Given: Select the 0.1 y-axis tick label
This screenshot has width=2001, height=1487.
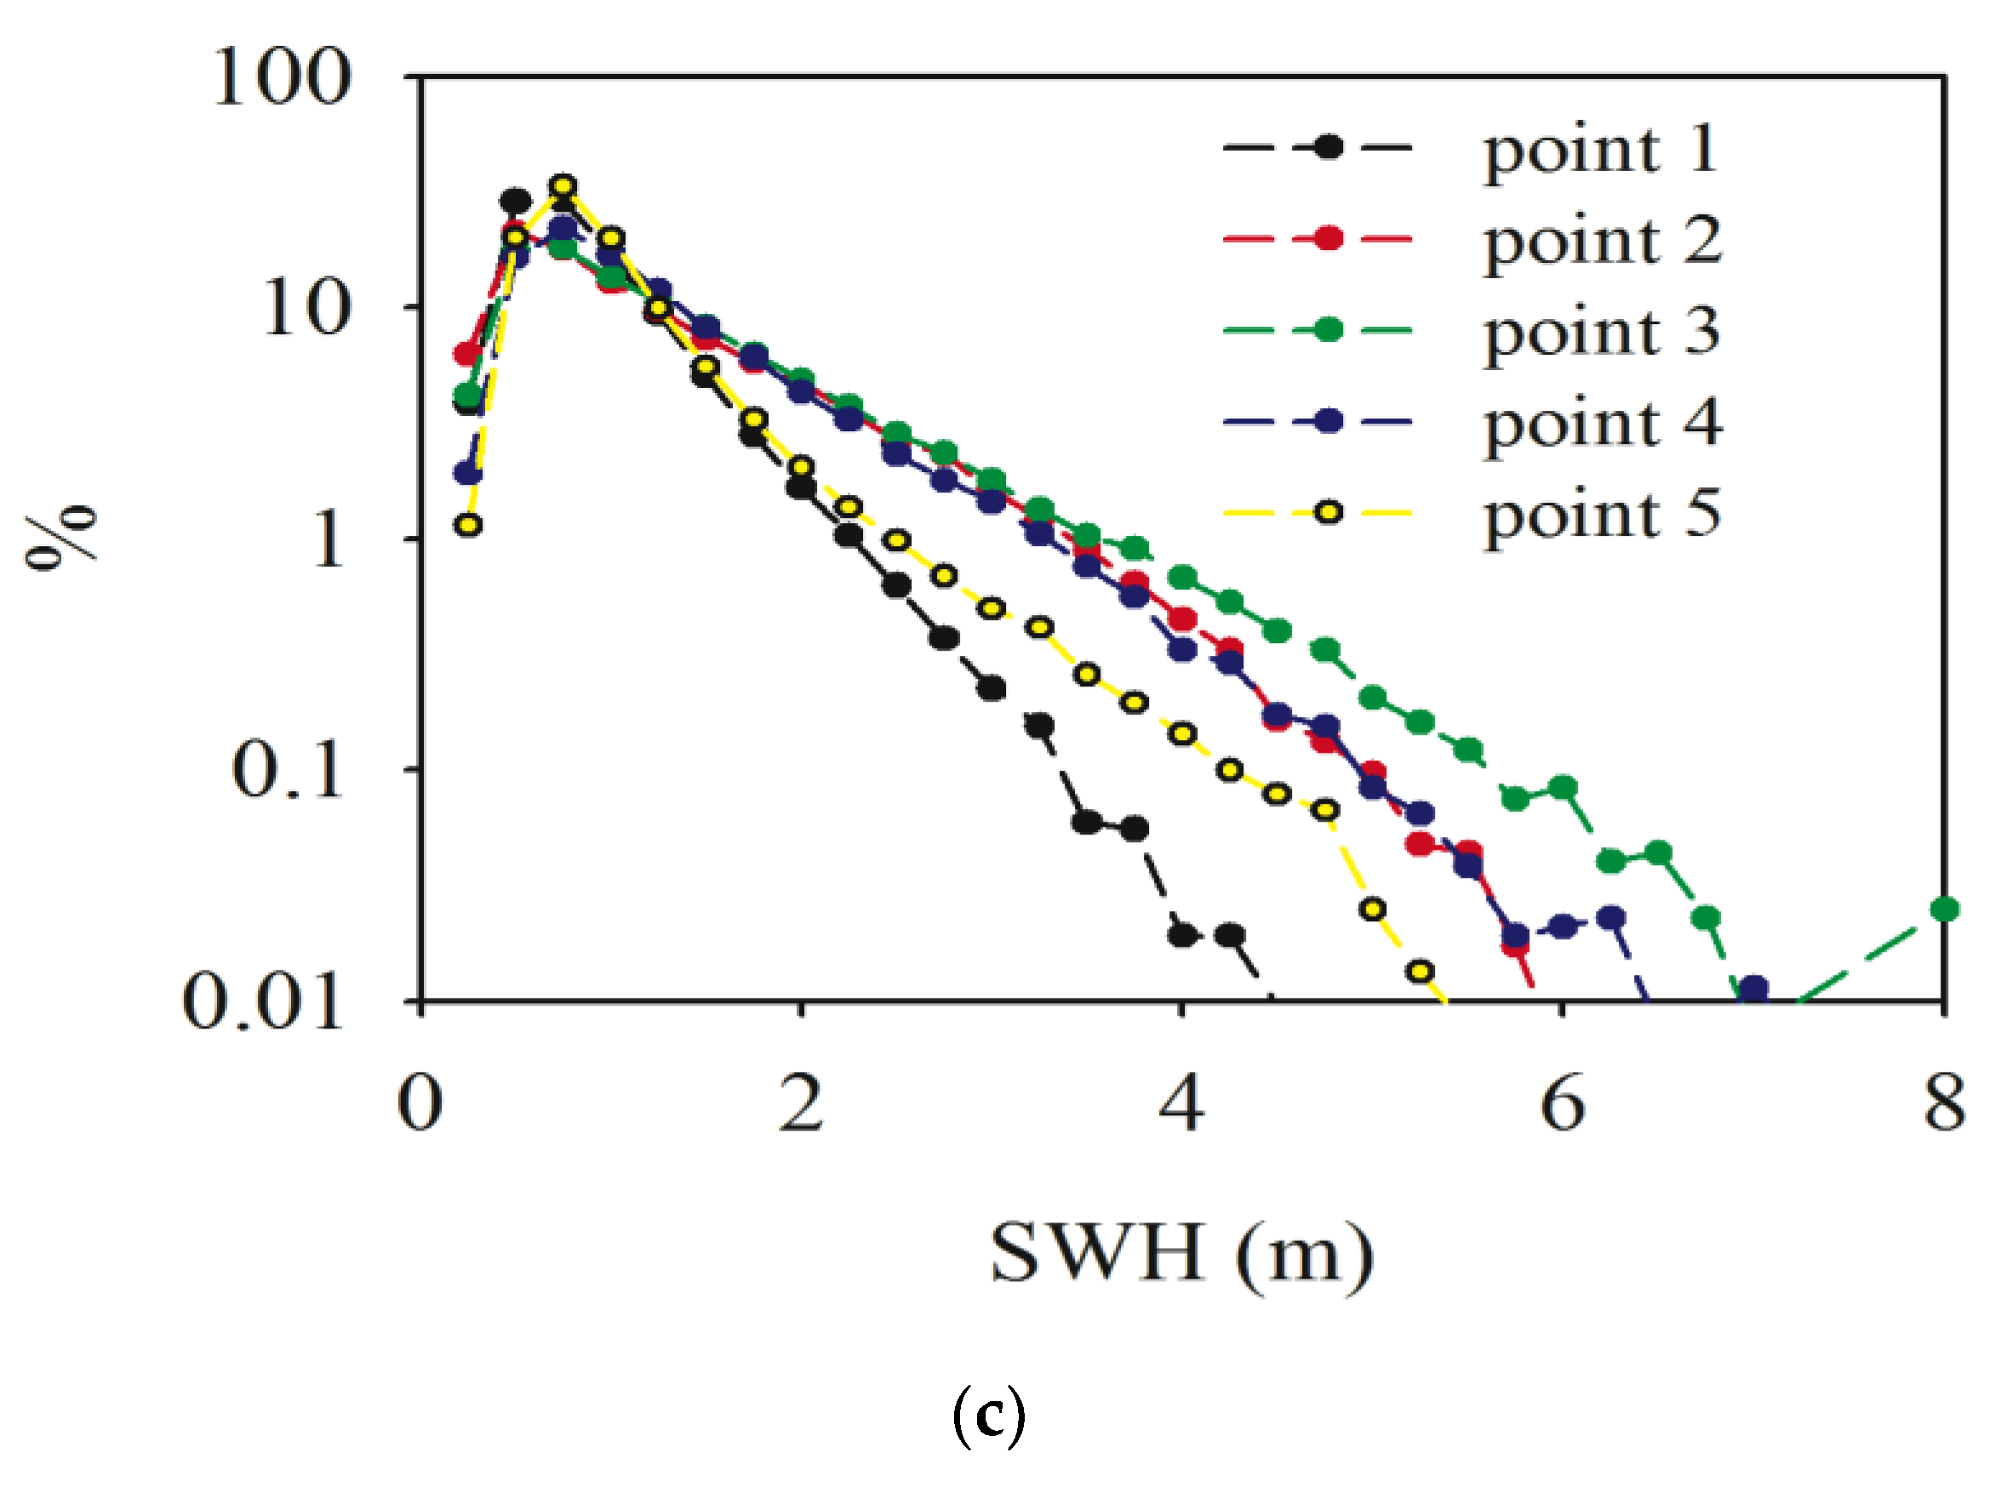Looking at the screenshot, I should point(288,771).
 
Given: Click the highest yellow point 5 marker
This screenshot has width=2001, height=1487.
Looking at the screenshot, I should point(563,186).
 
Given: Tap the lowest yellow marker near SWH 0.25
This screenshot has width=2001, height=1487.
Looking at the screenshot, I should point(467,525).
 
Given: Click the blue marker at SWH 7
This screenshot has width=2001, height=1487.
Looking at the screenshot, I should point(1753,988).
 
